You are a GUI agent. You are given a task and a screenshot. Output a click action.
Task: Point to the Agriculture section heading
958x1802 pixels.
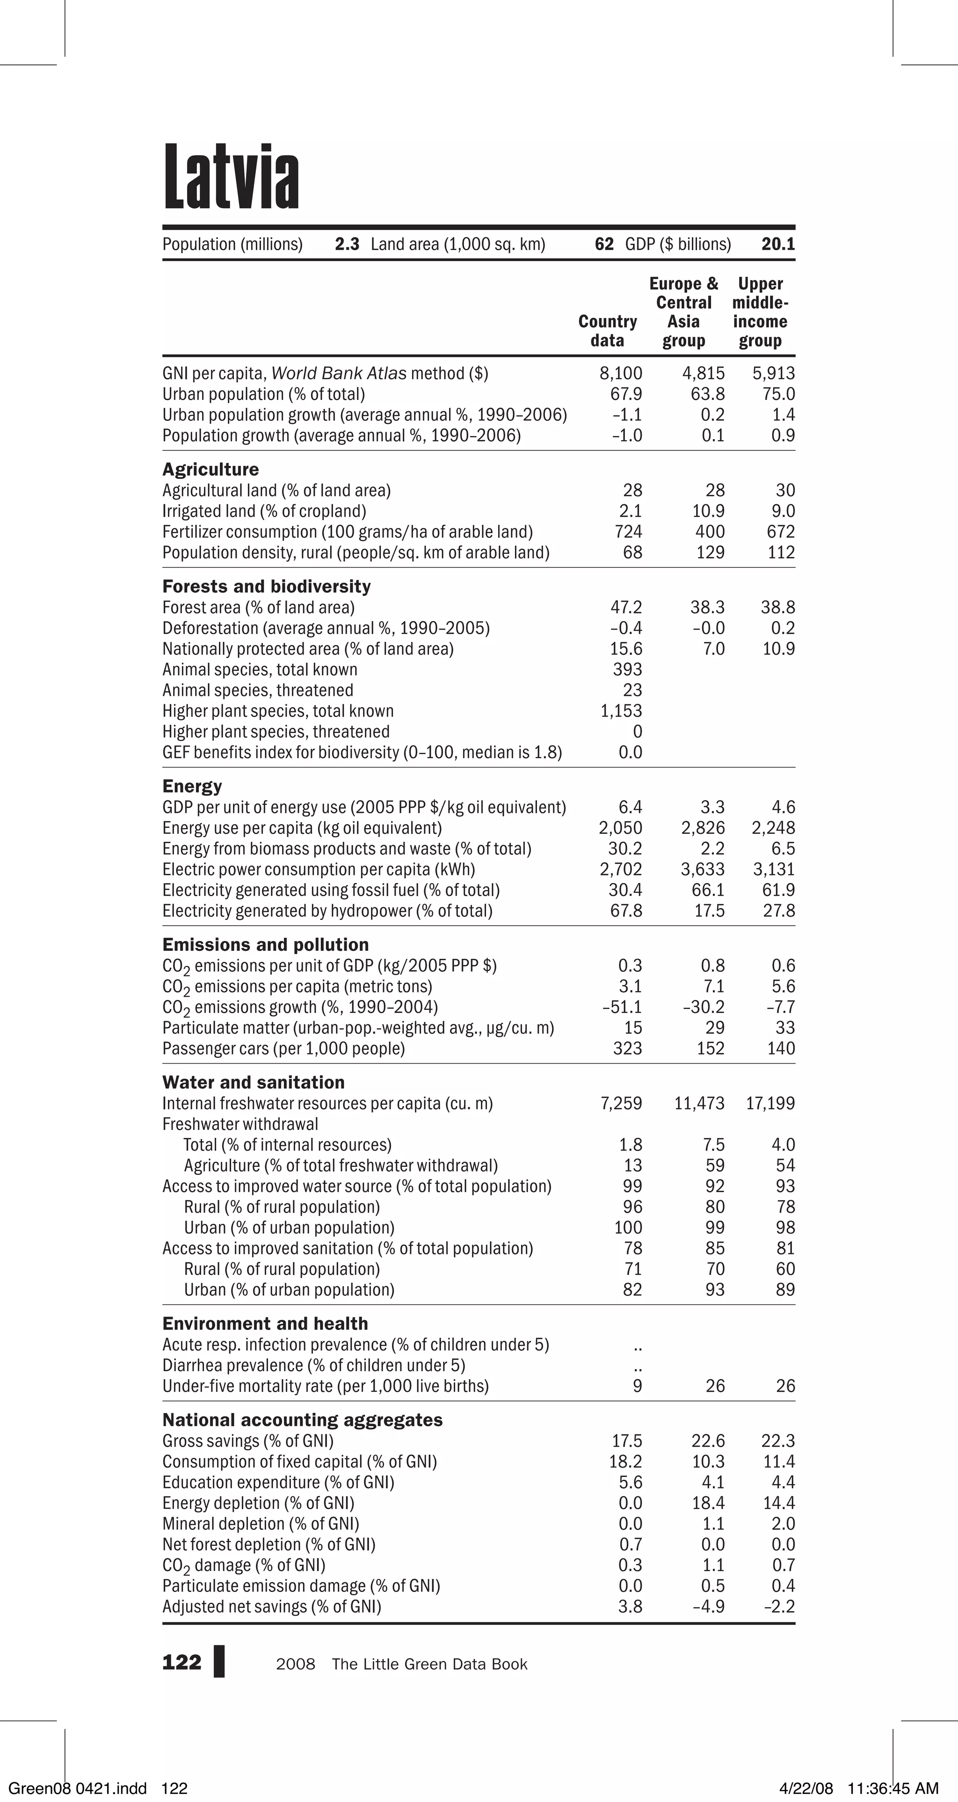pos(210,470)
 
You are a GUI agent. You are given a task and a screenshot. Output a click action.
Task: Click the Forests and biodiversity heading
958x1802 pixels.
pos(267,586)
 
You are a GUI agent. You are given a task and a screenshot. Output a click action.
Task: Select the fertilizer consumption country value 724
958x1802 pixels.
pos(628,532)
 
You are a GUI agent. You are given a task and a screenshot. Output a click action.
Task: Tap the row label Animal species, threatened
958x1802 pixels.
pos(258,690)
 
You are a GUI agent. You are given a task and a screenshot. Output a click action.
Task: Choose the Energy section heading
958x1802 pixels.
pos(192,786)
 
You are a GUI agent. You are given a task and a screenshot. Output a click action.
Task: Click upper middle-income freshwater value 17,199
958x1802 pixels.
pos(770,1103)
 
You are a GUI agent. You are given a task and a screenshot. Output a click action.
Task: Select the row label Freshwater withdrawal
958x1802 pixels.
pos(240,1124)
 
